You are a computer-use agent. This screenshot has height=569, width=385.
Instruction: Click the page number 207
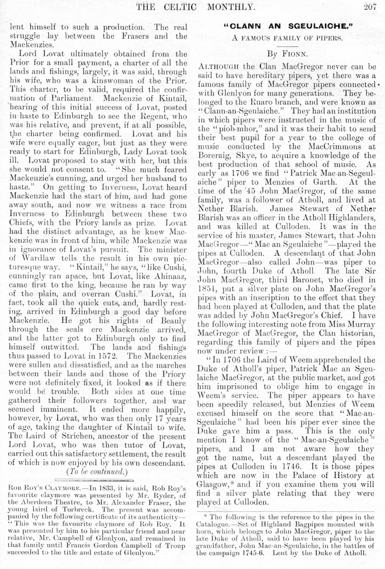tap(370, 6)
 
